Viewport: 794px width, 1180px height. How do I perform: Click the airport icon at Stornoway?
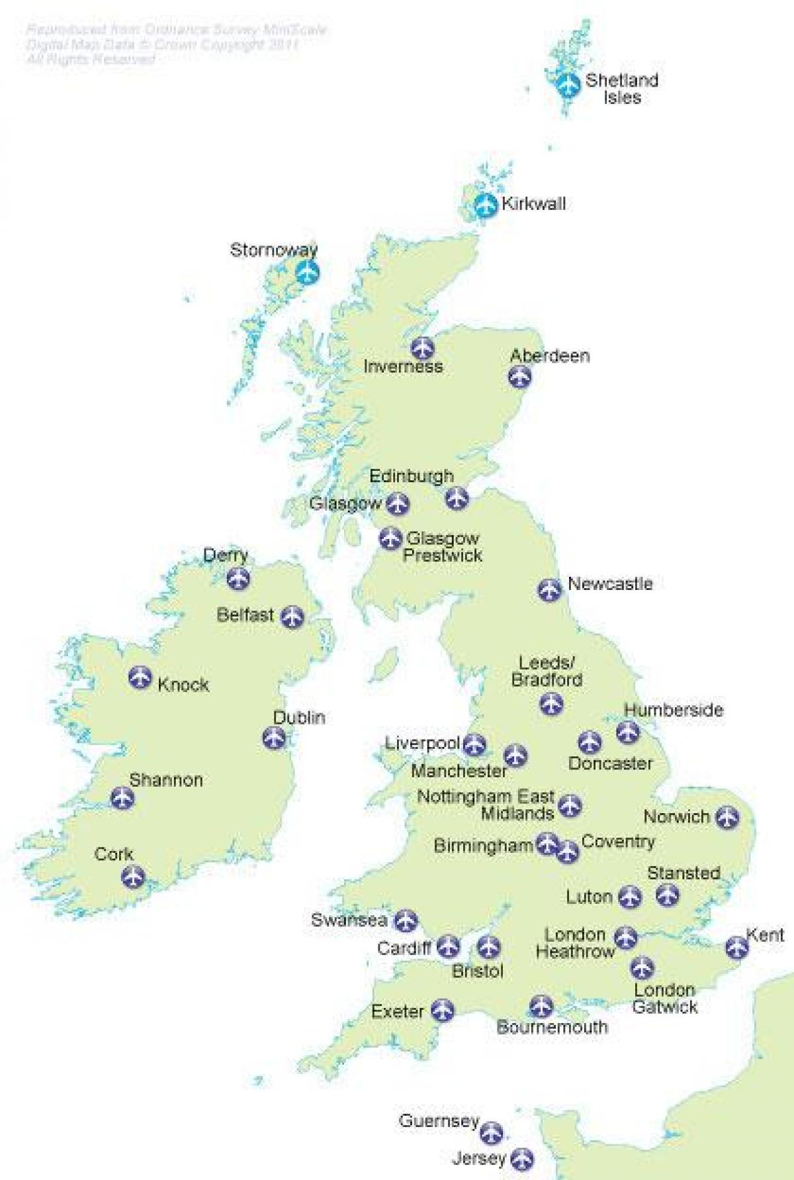tap(306, 272)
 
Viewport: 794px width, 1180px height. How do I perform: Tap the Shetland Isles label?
tap(621, 89)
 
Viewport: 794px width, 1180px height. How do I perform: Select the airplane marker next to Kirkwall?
tap(486, 205)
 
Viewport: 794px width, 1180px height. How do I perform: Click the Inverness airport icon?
tap(421, 347)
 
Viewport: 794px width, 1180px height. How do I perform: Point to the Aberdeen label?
tap(549, 356)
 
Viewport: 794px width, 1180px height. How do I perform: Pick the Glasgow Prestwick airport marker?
tap(390, 538)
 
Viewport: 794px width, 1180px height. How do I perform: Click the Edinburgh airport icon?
tap(457, 497)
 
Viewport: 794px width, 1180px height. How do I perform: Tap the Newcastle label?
tap(609, 584)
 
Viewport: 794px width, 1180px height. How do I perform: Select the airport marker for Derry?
tap(238, 578)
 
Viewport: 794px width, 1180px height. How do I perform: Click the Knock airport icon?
tap(140, 677)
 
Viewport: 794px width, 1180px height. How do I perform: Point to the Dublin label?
tap(299, 718)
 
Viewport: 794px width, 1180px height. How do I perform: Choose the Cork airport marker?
tap(133, 877)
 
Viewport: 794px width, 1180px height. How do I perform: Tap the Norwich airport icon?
tap(727, 816)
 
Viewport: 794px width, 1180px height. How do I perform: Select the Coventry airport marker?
tap(567, 852)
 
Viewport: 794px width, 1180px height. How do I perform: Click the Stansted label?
tap(683, 873)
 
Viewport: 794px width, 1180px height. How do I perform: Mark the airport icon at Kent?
tap(736, 948)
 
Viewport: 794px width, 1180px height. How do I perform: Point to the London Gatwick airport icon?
tap(642, 968)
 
